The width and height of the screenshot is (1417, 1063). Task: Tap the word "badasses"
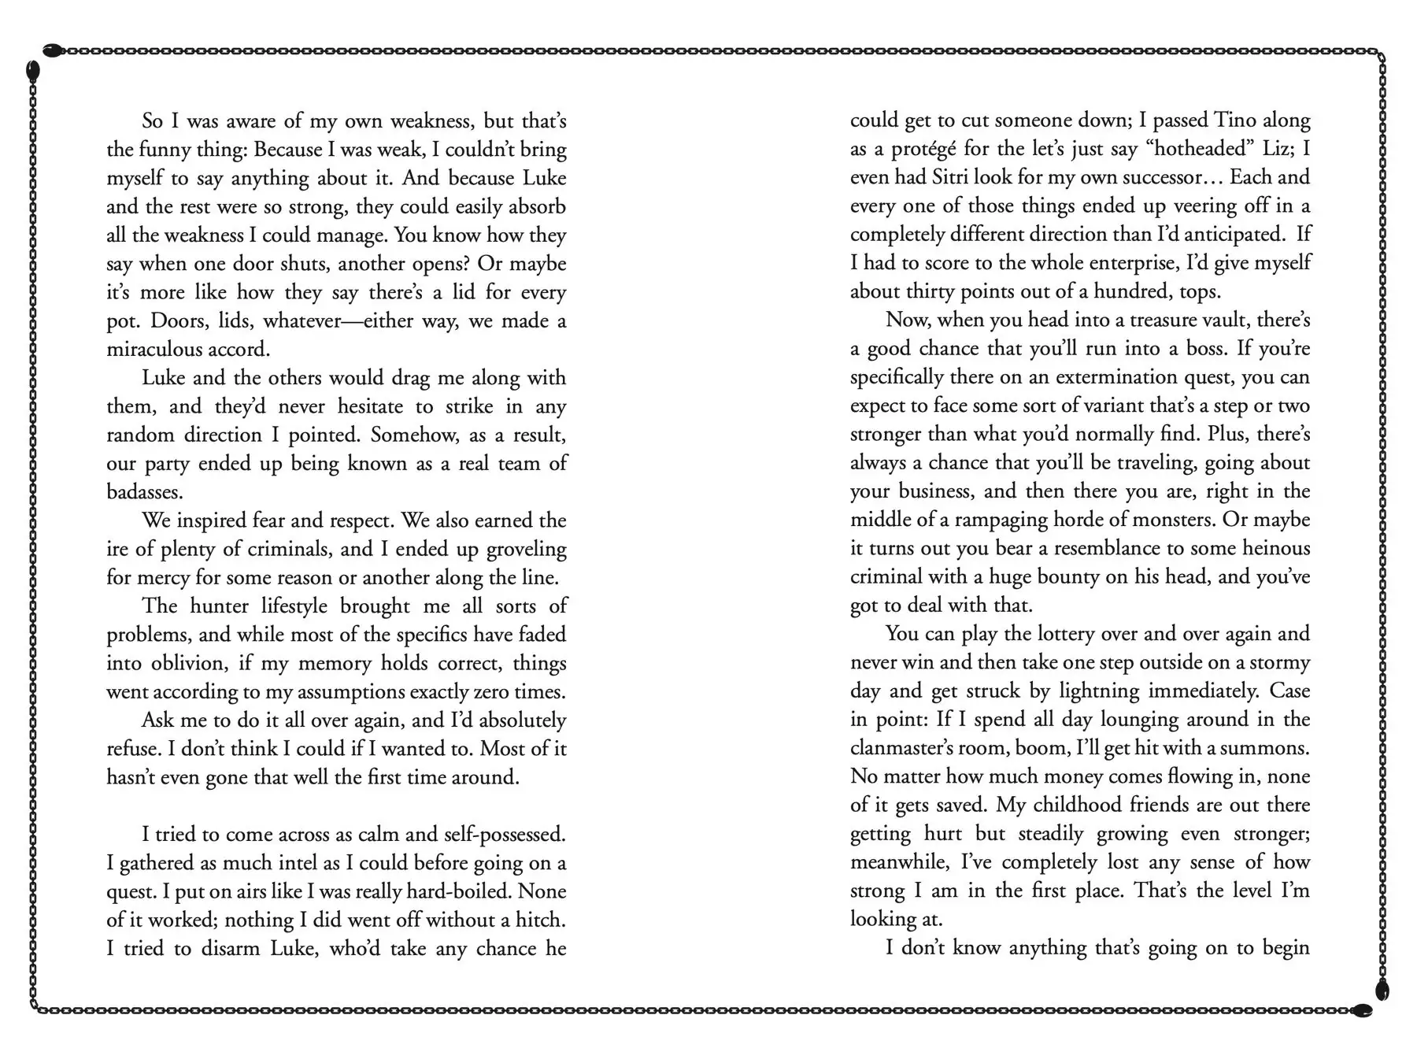pyautogui.click(x=145, y=491)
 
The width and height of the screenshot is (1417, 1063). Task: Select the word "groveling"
pyautogui.click(x=527, y=549)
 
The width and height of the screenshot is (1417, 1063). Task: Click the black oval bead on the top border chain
pyautogui.click(x=52, y=50)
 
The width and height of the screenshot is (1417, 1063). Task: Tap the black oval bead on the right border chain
pyautogui.click(x=1382, y=990)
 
